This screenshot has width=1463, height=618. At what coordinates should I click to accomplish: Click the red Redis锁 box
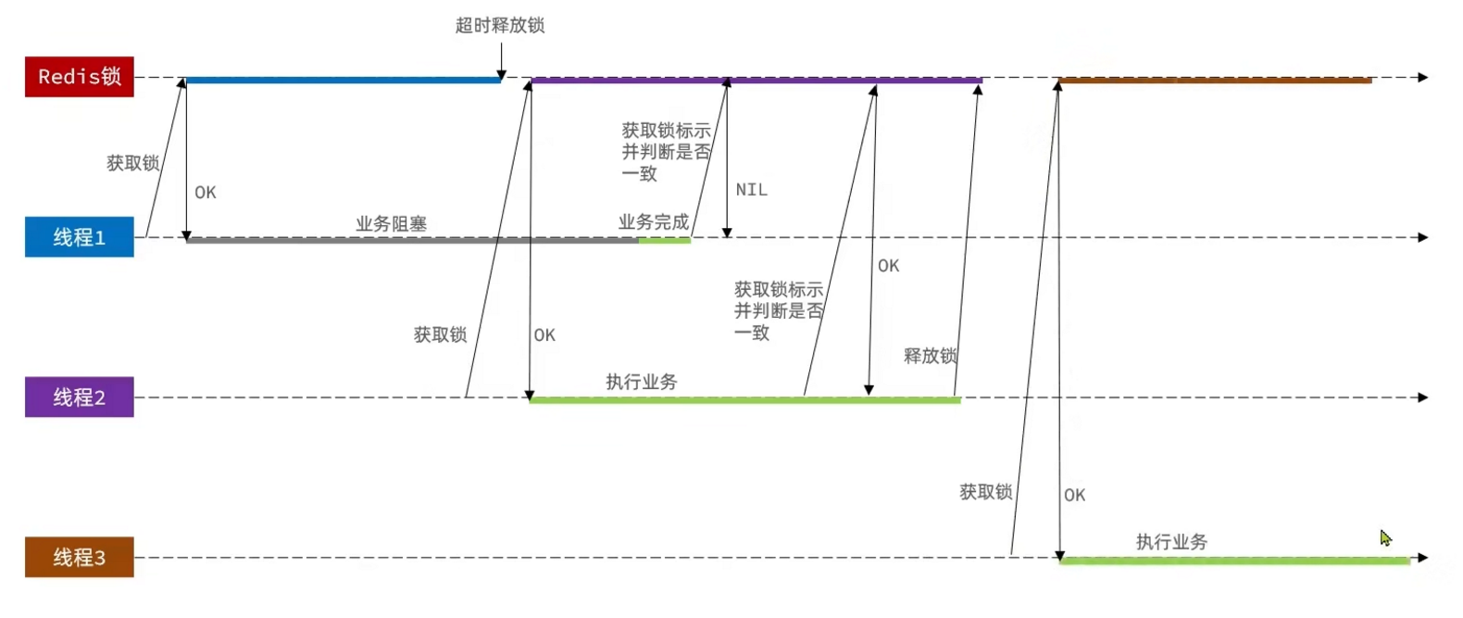pyautogui.click(x=79, y=77)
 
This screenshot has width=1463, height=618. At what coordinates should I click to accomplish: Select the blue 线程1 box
pyautogui.click(x=79, y=237)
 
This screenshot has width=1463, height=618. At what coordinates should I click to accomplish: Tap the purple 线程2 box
pyautogui.click(x=79, y=397)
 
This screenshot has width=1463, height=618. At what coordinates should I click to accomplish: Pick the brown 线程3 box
pyautogui.click(x=79, y=557)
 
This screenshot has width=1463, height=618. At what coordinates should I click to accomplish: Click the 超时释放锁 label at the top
pyautogui.click(x=500, y=26)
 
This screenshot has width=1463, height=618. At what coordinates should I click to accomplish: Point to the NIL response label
pyautogui.click(x=751, y=190)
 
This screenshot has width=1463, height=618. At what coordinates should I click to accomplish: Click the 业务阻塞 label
pyautogui.click(x=391, y=224)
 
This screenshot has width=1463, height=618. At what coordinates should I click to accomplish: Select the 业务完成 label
pyautogui.click(x=654, y=222)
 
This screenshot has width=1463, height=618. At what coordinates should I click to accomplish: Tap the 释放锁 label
pyautogui.click(x=931, y=356)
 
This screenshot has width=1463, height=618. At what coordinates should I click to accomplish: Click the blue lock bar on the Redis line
pyautogui.click(x=343, y=81)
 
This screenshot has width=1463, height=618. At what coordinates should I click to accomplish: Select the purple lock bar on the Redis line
pyautogui.click(x=756, y=81)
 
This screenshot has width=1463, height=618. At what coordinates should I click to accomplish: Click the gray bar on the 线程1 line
pyautogui.click(x=412, y=240)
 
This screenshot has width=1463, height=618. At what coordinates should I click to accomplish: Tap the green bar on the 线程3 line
pyautogui.click(x=1234, y=561)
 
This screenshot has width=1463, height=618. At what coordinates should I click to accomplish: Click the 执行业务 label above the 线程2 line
pyautogui.click(x=642, y=382)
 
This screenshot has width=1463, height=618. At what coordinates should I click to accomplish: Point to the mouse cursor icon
pyautogui.click(x=1385, y=538)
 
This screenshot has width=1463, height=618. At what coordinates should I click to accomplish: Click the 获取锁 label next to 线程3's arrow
pyautogui.click(x=985, y=492)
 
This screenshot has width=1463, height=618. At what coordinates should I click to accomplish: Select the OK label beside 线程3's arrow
pyautogui.click(x=1074, y=496)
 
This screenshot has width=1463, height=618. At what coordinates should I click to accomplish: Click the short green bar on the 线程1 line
pyautogui.click(x=664, y=240)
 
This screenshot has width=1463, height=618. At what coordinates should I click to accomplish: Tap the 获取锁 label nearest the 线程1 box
pyautogui.click(x=132, y=163)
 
